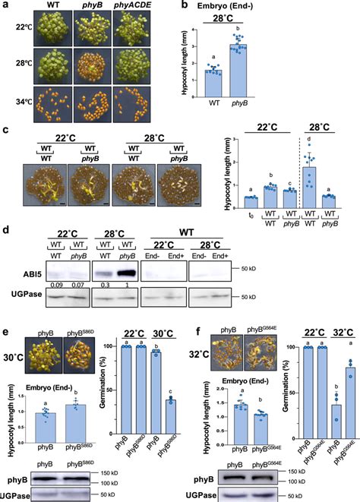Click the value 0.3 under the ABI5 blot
coord(103,283)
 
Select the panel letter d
coord(5,230)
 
